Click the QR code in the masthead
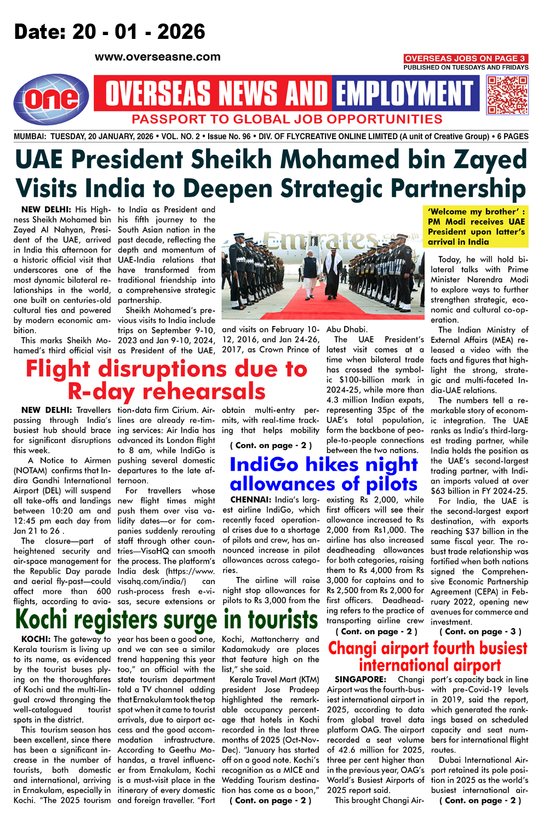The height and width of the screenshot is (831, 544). pyautogui.click(x=507, y=95)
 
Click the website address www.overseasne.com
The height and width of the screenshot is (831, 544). pyautogui.click(x=158, y=57)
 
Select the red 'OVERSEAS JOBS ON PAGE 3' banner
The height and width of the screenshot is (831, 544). pyautogui.click(x=465, y=58)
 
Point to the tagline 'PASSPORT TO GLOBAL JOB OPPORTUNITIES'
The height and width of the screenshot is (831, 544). pyautogui.click(x=287, y=119)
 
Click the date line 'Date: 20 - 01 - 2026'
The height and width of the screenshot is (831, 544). pyautogui.click(x=110, y=32)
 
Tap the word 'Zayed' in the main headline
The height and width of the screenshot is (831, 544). pyautogui.click(x=489, y=160)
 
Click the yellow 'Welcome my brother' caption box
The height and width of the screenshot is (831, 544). pyautogui.click(x=477, y=226)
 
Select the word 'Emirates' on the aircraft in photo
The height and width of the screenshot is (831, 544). pyautogui.click(x=320, y=240)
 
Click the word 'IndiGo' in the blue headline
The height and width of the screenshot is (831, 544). pyautogui.click(x=264, y=464)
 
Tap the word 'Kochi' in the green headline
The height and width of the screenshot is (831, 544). pyautogui.click(x=42, y=620)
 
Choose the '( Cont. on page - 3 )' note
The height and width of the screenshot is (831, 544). pyautogui.click(x=480, y=632)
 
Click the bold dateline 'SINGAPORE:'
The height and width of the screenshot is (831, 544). pyautogui.click(x=360, y=679)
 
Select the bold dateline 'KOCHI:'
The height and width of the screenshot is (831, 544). pyautogui.click(x=36, y=639)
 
